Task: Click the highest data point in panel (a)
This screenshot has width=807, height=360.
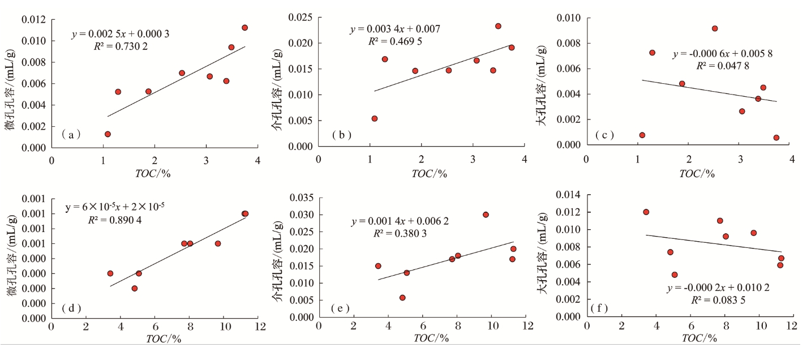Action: (x=244, y=28)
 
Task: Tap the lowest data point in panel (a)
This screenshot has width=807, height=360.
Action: (x=108, y=134)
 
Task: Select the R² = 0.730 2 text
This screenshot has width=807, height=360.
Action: (x=121, y=46)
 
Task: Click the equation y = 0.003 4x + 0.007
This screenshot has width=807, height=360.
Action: (x=395, y=29)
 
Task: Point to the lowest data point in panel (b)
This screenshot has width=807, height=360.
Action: (x=375, y=118)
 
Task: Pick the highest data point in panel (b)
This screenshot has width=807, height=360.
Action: (x=498, y=26)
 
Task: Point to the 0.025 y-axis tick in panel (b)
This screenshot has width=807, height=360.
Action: (x=302, y=18)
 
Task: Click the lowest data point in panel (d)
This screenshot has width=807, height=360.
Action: (x=135, y=288)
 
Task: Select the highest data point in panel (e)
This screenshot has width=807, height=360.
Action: (x=486, y=215)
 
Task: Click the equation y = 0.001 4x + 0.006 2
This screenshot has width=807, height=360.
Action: (x=400, y=221)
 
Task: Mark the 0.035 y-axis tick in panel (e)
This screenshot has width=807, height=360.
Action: (x=302, y=198)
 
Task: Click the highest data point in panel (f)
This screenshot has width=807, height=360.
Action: (x=646, y=212)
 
